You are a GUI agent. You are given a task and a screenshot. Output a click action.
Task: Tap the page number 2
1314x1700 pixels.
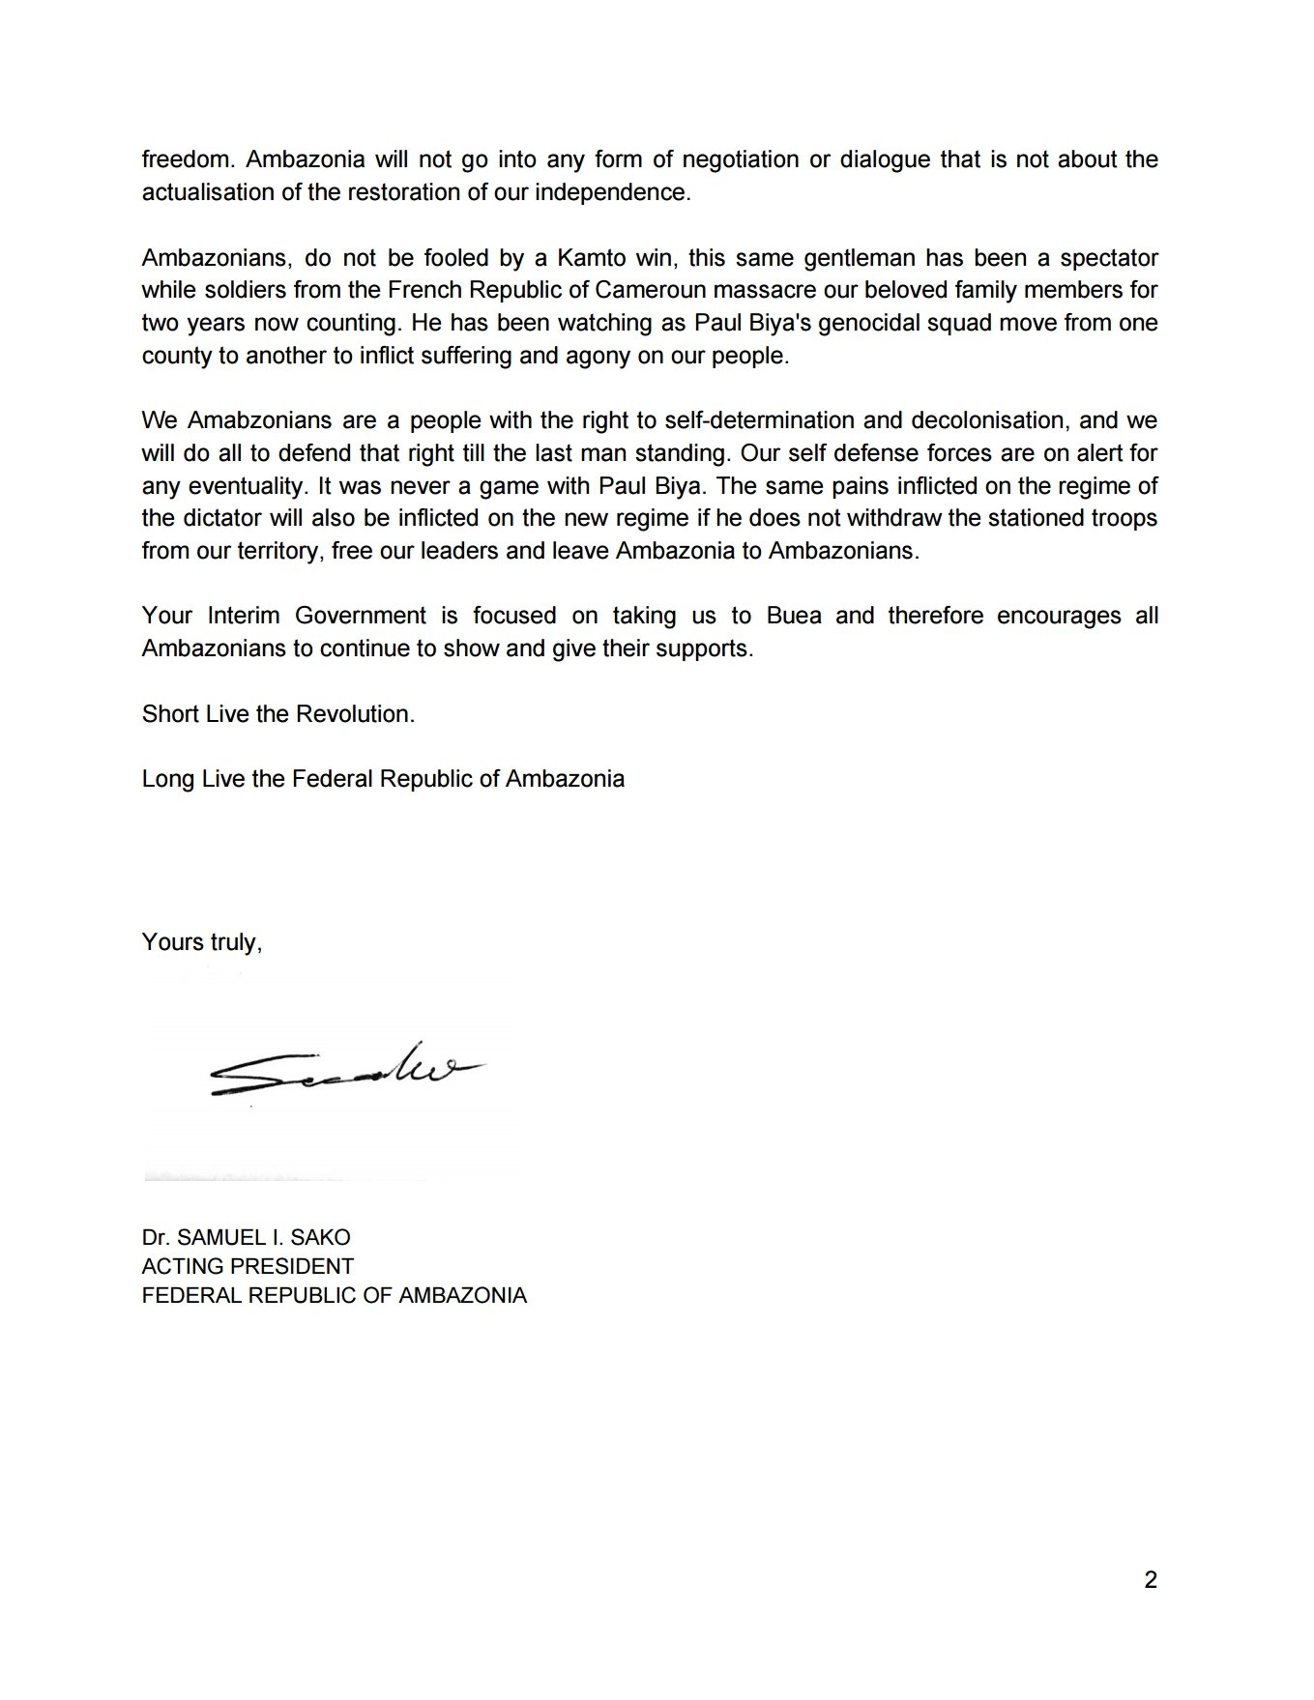pyautogui.click(x=1150, y=1581)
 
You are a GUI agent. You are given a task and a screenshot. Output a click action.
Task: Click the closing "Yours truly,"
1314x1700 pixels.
pyautogui.click(x=202, y=941)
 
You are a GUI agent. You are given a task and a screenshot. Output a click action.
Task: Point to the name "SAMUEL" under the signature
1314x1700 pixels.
pyautogui.click(x=225, y=1238)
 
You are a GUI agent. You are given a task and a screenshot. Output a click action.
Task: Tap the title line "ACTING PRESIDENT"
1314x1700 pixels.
pyautogui.click(x=248, y=1266)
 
